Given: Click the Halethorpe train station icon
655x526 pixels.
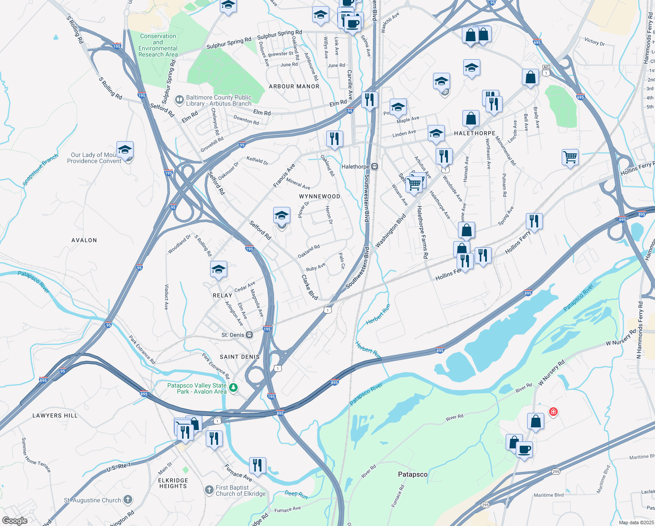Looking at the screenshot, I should point(375,167).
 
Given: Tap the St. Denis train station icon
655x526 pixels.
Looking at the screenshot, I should point(249,335).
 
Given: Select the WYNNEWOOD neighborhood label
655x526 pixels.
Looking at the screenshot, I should point(320,196).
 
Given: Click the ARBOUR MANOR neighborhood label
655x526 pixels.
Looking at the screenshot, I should point(294,86).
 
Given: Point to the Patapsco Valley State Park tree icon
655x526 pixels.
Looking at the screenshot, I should point(234,387).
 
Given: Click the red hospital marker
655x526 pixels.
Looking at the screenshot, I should point(553,412).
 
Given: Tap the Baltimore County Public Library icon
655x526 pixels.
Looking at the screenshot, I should point(179,100).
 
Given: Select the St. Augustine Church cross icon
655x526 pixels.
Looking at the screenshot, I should point(127,500).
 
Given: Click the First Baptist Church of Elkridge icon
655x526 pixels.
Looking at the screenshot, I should point(209,489).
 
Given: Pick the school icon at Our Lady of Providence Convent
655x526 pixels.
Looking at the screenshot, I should point(125,150).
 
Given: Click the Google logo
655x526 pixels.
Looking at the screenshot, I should point(15,520).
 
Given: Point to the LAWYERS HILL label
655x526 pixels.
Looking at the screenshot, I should point(55,416).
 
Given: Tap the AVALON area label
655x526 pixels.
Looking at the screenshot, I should point(84,240).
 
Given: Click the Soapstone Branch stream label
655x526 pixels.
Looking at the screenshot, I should point(40,170).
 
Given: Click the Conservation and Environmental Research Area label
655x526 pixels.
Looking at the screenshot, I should point(158,46).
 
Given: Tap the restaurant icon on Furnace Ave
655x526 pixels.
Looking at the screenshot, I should point(257,466).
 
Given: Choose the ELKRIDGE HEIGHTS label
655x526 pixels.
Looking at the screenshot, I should point(173,483).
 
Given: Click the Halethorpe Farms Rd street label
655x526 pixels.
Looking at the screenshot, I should point(422,232).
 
